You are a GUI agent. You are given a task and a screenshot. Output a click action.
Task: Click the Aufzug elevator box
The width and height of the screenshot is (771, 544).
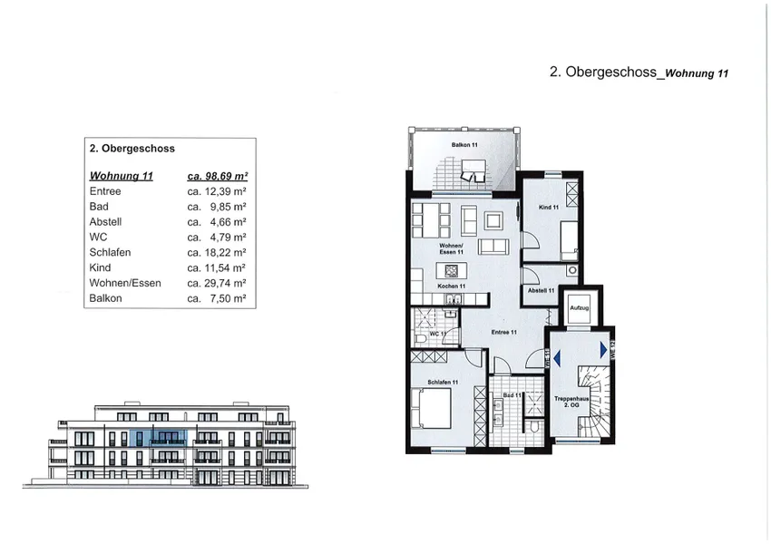click(579, 309)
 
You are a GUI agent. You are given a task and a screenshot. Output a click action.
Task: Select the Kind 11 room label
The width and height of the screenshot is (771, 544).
click(549, 208)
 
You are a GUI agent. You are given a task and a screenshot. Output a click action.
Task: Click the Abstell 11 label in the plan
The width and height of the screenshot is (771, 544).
click(541, 290)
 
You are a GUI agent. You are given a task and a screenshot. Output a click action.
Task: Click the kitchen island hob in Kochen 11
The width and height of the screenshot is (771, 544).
click(450, 270)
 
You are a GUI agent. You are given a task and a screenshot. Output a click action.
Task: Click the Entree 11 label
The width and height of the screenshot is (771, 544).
click(503, 332)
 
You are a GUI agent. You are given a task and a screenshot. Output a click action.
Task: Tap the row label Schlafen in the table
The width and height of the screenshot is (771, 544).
click(110, 252)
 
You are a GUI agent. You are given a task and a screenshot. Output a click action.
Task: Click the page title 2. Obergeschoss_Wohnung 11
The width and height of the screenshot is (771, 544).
click(639, 74)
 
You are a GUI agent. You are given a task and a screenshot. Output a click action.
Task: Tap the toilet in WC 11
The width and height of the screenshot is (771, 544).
click(421, 336)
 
